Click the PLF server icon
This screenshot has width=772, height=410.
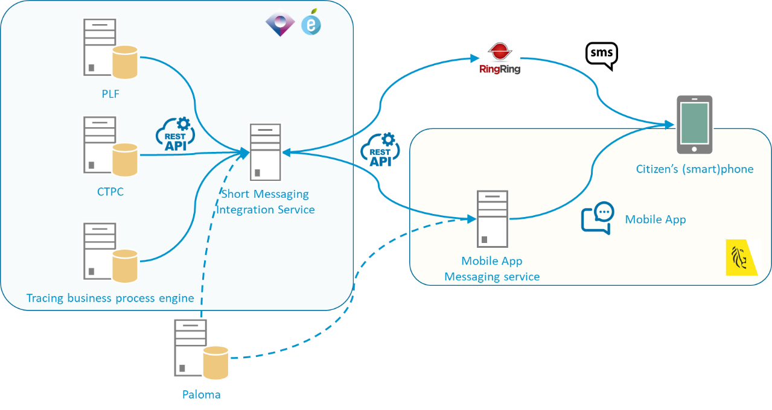(100, 47)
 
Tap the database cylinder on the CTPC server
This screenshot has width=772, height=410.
(126, 159)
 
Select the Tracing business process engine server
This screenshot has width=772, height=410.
(100, 250)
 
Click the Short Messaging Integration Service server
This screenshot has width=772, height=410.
(266, 152)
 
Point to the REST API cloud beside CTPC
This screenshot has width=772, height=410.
(176, 134)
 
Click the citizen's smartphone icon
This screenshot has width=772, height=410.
(694, 124)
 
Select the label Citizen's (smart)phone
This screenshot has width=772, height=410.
(695, 169)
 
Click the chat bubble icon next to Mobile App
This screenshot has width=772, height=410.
(597, 218)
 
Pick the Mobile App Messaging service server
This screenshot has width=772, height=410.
(492, 218)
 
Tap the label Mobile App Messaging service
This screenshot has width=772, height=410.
(492, 269)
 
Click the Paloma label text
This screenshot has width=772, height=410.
(202, 395)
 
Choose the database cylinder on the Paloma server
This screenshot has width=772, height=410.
(215, 363)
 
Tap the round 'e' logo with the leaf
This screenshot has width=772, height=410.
(311, 24)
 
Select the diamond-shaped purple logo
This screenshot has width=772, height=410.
(280, 22)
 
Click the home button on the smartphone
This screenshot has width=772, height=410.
(694, 148)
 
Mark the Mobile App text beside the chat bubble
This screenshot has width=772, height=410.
(655, 219)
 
